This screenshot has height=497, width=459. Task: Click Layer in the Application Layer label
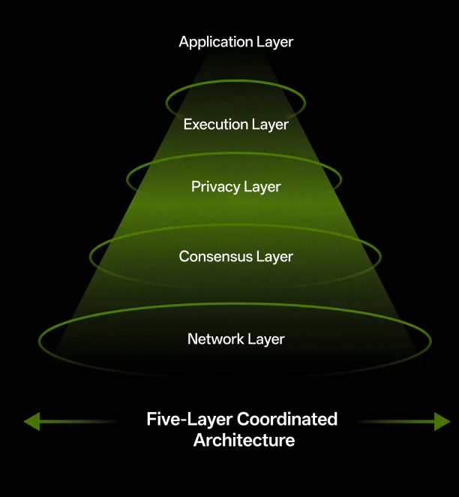coord(274,42)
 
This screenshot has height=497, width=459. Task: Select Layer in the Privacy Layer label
coord(262,186)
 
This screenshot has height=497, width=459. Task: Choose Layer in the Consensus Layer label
coord(274,257)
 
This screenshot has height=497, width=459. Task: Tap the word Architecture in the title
coord(244,440)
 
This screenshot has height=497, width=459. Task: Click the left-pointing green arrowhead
coord(31,421)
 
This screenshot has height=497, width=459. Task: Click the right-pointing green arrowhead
coord(442,421)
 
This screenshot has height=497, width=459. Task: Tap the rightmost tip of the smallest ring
coord(305,101)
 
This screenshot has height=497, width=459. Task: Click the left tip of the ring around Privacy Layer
coord(127,179)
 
